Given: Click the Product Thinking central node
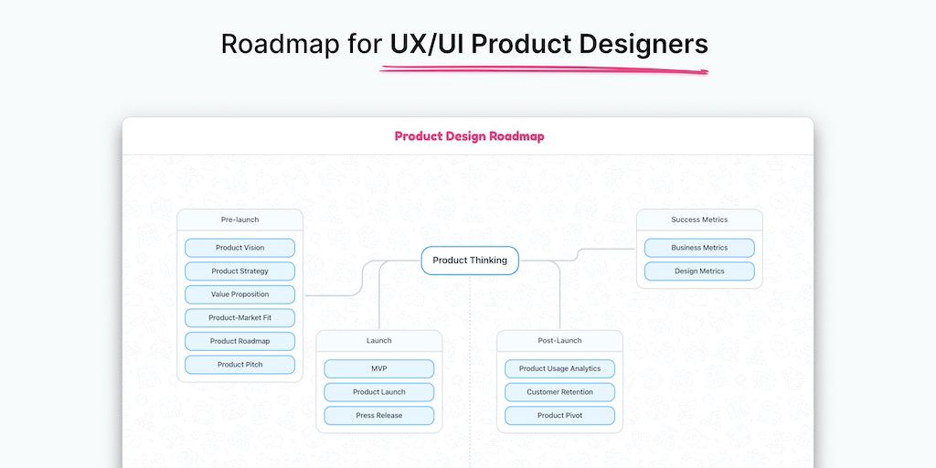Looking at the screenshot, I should pos(469,261).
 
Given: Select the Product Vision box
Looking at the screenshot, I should pos(239,248).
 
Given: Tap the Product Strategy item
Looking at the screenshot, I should pos(239,271).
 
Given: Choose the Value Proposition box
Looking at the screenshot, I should pos(239,294).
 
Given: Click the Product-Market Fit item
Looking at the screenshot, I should pos(239,318).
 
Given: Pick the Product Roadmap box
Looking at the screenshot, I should pos(239,341).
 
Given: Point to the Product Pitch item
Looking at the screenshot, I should pos(239,365).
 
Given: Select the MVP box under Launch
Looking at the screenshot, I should pos(378,368).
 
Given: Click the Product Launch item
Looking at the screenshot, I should pos(378,392).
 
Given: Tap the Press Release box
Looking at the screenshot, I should pos(378,416).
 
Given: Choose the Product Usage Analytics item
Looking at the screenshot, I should pos(559,368).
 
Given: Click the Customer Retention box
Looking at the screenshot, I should pos(559,392).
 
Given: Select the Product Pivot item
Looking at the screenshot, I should pos(559,416).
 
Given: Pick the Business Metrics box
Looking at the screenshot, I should pos(699,248).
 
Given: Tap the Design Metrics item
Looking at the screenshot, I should pos(699,271).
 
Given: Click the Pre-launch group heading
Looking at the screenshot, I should pos(239,219).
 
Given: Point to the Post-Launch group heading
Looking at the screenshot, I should pos(559,341).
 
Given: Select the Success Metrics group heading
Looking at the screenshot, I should pos(699,219).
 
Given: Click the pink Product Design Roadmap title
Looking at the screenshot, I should pos(469,136).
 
